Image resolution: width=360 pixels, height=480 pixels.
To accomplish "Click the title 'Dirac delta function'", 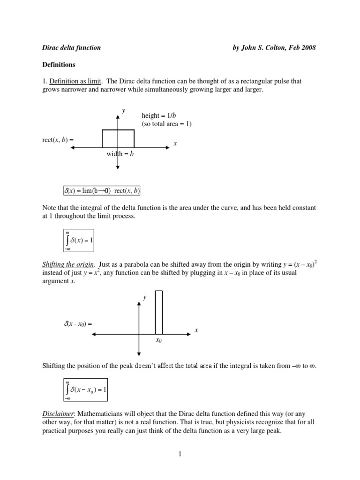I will pos(72,47).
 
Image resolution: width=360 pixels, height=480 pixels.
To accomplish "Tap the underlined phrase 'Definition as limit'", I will pos(75,81).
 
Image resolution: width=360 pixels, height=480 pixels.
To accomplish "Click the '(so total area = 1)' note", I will pos(166,124).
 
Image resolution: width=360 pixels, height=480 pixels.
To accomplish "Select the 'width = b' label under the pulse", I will pos(120,154).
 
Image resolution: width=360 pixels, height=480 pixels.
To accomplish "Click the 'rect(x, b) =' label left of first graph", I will pos(58,139).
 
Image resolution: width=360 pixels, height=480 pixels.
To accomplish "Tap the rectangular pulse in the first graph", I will pos(118,138).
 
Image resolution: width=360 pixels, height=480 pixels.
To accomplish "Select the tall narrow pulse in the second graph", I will pos(158,312).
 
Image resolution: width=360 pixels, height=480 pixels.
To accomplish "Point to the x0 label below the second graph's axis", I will pos(158,341).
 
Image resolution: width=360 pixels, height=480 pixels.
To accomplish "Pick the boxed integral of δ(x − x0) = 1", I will pos(86,390).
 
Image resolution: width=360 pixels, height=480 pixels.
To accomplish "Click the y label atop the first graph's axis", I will pos(124,110).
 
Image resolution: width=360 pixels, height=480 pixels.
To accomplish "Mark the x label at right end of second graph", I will pos(196,330).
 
